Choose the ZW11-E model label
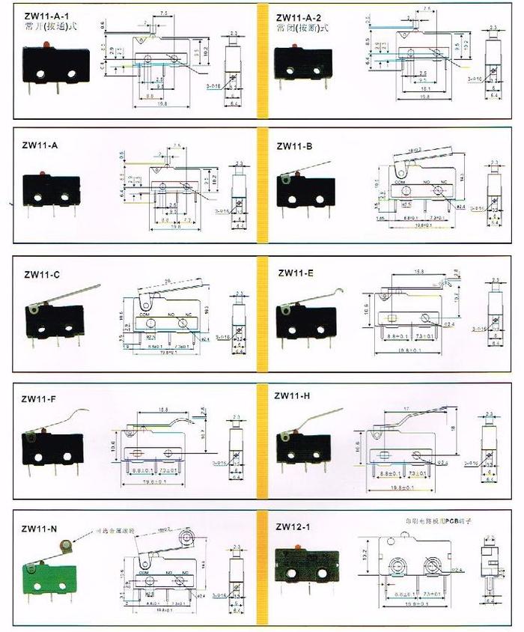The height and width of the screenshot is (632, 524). (296, 273)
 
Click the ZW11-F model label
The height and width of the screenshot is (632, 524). (39, 398)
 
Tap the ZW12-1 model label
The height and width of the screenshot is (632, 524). (293, 526)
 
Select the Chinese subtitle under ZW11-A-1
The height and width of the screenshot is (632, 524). (51, 28)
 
